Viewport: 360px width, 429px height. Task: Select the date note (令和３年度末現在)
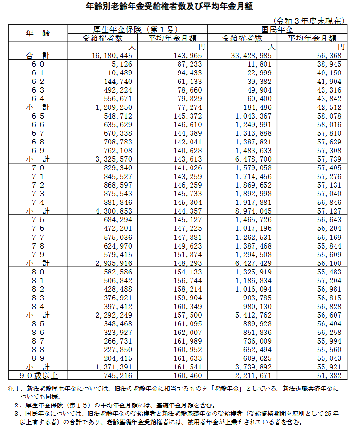click(x=309, y=21)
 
